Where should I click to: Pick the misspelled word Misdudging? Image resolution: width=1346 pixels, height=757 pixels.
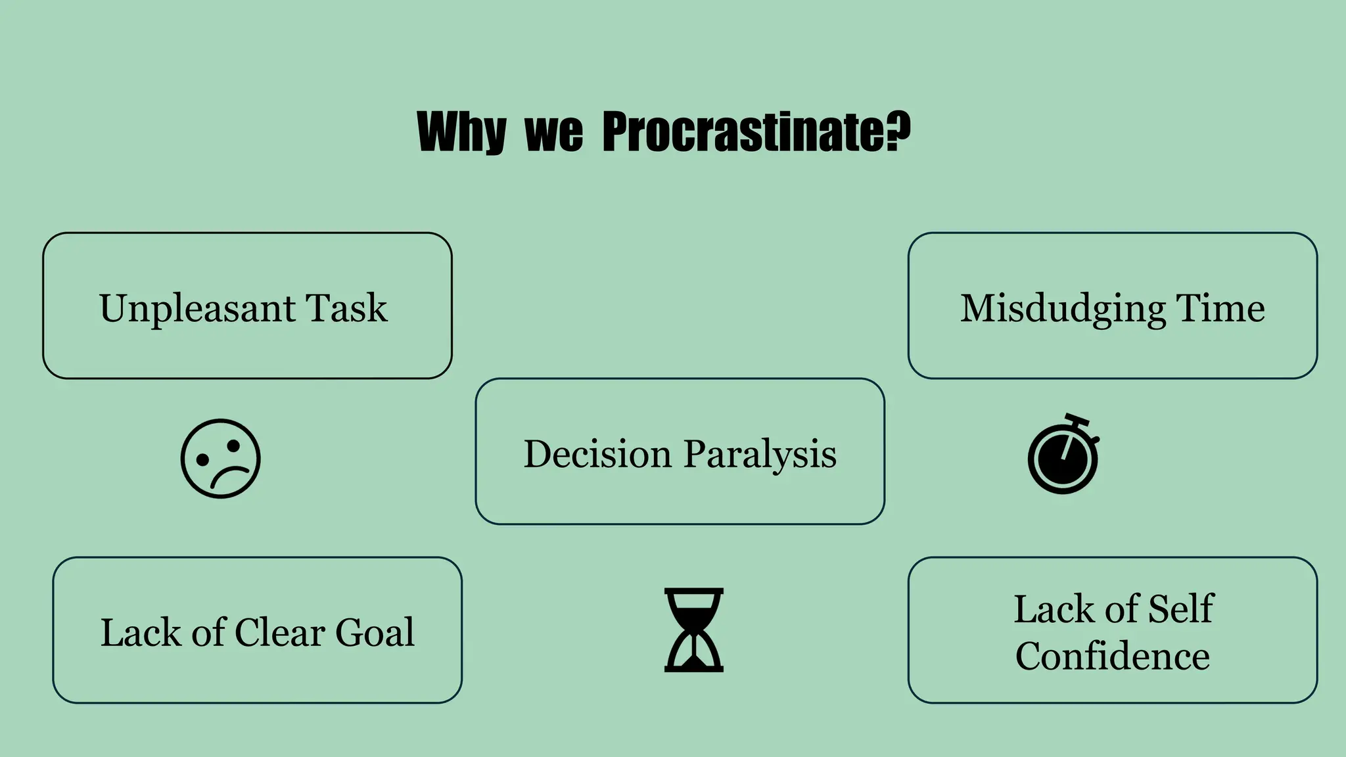tap(1062, 309)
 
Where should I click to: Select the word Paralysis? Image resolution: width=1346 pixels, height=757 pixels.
tap(760, 455)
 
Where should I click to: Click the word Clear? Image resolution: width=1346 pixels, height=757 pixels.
tap(279, 632)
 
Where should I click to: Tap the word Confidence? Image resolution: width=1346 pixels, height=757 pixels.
tap(1112, 656)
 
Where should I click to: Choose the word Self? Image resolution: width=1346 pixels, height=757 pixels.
tap(1180, 608)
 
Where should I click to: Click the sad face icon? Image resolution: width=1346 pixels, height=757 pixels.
tap(221, 459)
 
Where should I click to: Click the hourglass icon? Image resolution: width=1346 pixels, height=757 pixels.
tap(693, 630)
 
